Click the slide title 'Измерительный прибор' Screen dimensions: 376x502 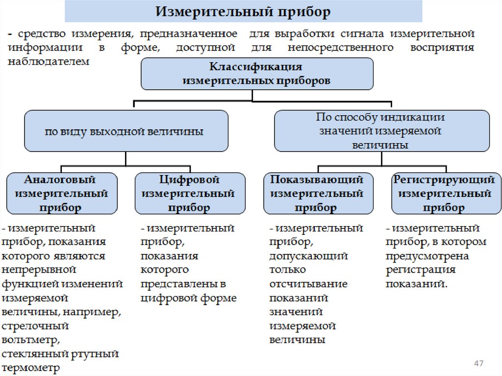coord(243,11)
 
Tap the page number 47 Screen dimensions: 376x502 coord(479,363)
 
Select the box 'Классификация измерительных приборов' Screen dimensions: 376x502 coord(256,74)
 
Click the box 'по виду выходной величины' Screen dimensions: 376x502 coord(126,131)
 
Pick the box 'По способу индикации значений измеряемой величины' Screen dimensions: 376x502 coord(381,131)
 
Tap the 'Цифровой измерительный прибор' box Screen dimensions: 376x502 coord(189,193)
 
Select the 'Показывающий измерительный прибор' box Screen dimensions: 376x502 coord(317,193)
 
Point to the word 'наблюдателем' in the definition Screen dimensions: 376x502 coord(49,62)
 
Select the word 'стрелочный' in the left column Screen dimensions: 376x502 coord(35,326)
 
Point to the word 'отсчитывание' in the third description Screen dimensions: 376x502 coord(308,284)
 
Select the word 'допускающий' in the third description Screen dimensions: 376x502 coord(308,256)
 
